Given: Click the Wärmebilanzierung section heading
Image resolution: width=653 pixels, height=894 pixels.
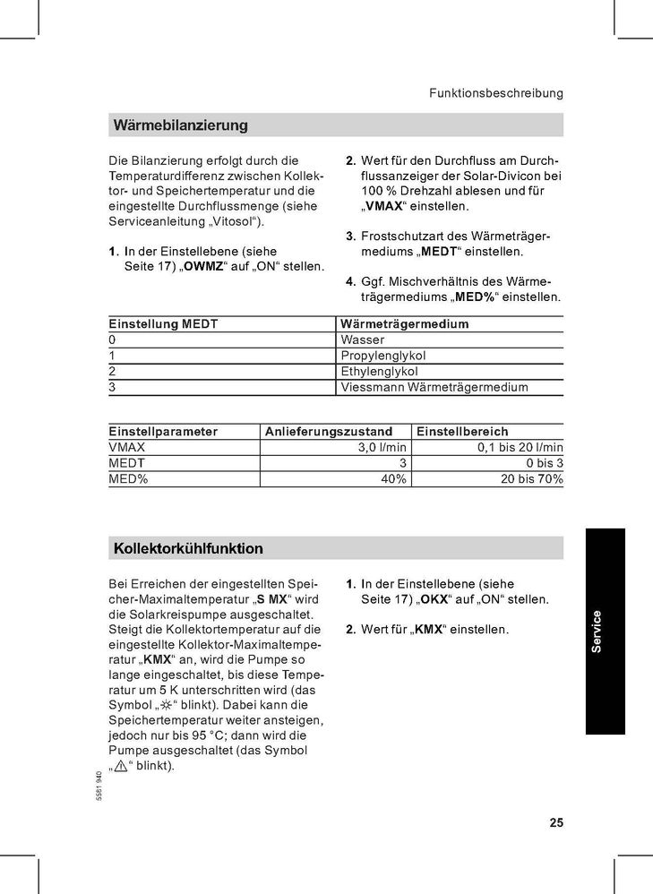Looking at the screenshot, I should [180, 125].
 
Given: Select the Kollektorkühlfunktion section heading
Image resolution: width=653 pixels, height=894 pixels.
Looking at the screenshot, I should [188, 548].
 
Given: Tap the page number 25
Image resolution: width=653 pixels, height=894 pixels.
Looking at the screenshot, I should [554, 823].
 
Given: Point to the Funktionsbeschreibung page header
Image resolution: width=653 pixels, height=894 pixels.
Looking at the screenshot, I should [495, 93].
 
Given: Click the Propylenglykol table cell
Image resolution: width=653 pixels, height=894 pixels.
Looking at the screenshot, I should [379, 356].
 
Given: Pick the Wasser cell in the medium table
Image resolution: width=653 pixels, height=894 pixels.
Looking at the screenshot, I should [362, 340].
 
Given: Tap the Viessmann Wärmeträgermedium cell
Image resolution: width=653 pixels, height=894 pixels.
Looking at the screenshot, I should [434, 388].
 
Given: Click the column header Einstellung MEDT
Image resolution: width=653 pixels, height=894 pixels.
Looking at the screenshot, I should [163, 324].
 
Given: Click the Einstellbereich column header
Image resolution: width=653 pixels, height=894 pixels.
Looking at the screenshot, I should [462, 432].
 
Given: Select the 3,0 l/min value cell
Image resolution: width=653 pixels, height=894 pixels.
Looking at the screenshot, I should [382, 447].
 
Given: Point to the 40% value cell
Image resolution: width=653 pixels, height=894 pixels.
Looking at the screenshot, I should [394, 479].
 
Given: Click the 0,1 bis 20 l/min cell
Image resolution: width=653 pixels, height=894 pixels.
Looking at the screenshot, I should [520, 447].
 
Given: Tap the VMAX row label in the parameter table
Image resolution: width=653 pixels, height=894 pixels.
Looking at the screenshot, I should [126, 447].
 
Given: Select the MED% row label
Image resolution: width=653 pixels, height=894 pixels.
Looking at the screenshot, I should [128, 479].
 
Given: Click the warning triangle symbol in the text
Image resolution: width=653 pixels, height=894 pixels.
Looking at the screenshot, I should [123, 767].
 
